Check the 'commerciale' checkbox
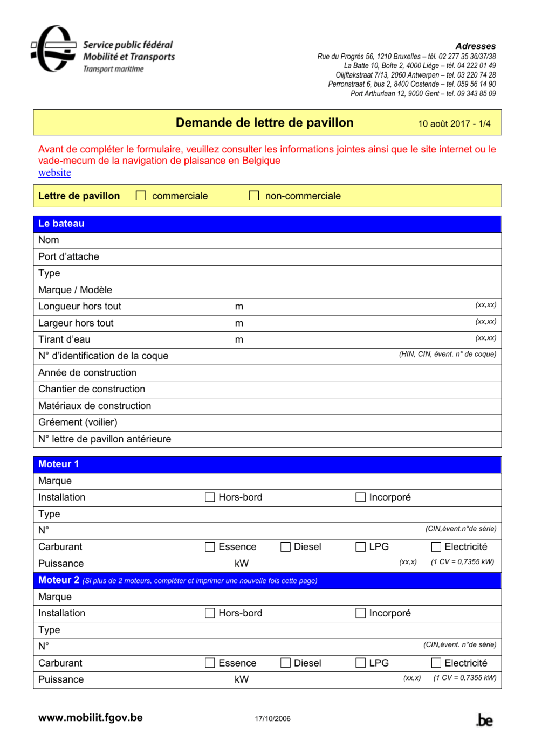click(x=141, y=196)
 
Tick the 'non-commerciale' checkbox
click(x=254, y=196)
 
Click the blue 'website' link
click(x=54, y=173)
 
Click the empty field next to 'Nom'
click(x=350, y=240)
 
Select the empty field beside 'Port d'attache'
click(x=350, y=257)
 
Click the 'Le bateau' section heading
click(x=61, y=224)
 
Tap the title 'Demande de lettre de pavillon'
click(x=264, y=123)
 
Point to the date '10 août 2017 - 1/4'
click(x=454, y=124)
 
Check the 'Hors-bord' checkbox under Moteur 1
click(x=210, y=497)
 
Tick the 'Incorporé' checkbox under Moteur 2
click(x=361, y=613)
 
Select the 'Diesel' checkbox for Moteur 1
click(x=285, y=547)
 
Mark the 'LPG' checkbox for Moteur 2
click(x=361, y=663)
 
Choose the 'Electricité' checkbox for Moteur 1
click(x=436, y=547)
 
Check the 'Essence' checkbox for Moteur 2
click(x=210, y=663)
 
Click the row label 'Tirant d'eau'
click(x=64, y=339)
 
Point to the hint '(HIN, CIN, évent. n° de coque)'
click(x=447, y=354)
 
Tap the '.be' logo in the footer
click(x=485, y=720)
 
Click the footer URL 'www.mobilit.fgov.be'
click(x=91, y=718)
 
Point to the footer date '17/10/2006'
click(x=272, y=719)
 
